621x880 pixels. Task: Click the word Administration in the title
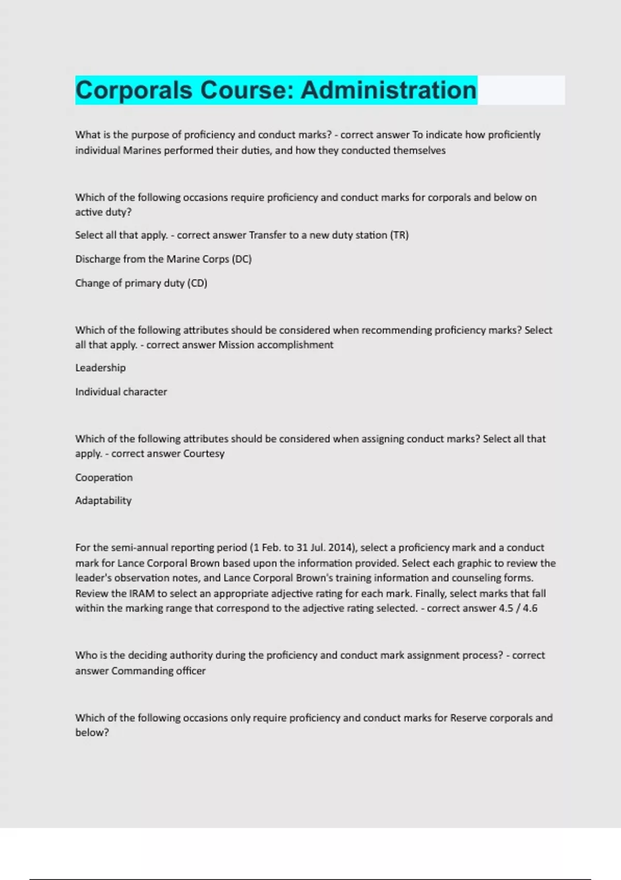point(388,90)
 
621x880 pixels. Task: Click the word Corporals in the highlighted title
point(134,90)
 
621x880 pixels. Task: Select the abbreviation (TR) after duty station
point(400,235)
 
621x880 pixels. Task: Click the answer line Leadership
point(100,368)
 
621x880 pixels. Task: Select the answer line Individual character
point(121,392)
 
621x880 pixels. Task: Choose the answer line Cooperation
point(103,477)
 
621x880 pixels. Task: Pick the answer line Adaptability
point(103,501)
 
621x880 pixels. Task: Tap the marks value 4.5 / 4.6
point(518,608)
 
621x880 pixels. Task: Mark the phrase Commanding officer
point(158,671)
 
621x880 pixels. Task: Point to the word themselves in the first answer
point(419,151)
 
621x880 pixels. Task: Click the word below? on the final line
point(92,732)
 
